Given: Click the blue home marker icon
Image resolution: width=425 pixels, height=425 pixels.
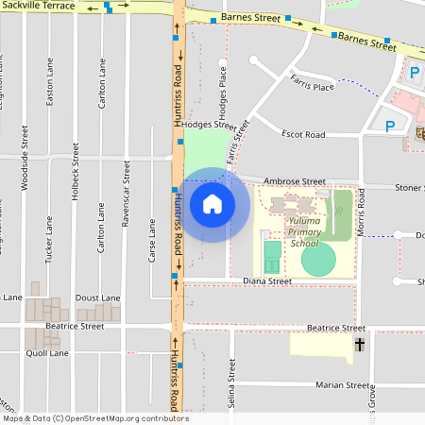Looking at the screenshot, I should tap(212, 204).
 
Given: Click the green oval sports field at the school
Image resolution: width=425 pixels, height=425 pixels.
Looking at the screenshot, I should tap(318, 258).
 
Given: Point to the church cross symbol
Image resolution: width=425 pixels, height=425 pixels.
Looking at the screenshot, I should tap(359, 347).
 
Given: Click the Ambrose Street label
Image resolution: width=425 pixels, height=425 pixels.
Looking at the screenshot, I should tap(294, 181).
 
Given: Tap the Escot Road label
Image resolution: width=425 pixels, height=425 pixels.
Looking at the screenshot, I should tap(302, 134).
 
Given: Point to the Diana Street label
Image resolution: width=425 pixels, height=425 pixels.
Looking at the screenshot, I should tap(266, 280).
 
